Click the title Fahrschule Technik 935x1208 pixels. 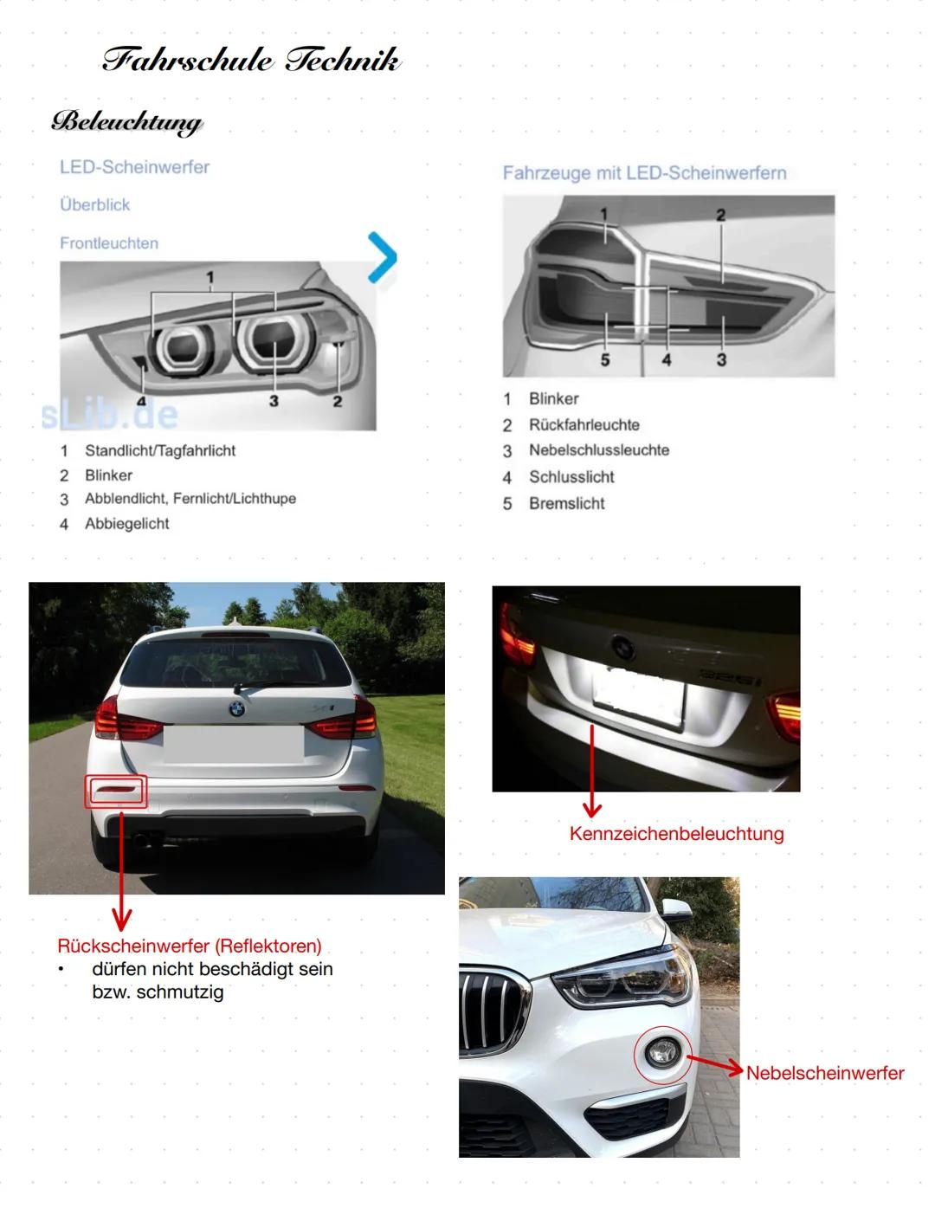(x=251, y=60)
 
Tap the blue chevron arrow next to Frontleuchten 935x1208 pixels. (x=382, y=257)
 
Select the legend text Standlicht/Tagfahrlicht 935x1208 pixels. (x=160, y=450)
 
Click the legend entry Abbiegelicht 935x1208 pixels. (x=126, y=524)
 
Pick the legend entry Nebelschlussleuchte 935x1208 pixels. (x=599, y=450)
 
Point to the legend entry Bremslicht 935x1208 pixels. (x=566, y=503)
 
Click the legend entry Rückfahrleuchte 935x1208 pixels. (x=584, y=425)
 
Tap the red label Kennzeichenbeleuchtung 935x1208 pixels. (x=676, y=834)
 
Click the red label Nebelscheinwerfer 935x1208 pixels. (x=824, y=1073)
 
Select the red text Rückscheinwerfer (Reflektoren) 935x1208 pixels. (x=190, y=946)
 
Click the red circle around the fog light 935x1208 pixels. (x=663, y=1055)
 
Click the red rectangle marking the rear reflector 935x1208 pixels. (x=117, y=791)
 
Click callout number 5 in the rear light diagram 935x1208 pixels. (x=605, y=359)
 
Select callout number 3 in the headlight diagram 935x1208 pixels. (x=274, y=401)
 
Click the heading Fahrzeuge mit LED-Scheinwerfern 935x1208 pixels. (x=644, y=173)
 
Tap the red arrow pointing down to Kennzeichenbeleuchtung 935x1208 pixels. (x=592, y=771)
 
